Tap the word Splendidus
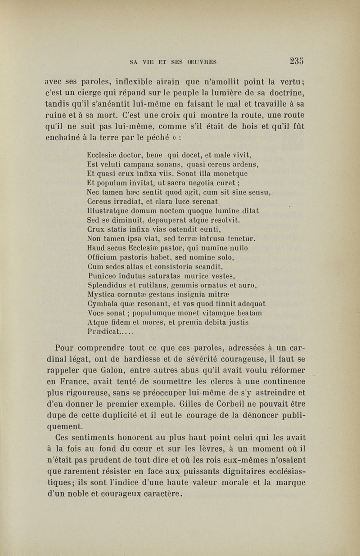108,285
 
